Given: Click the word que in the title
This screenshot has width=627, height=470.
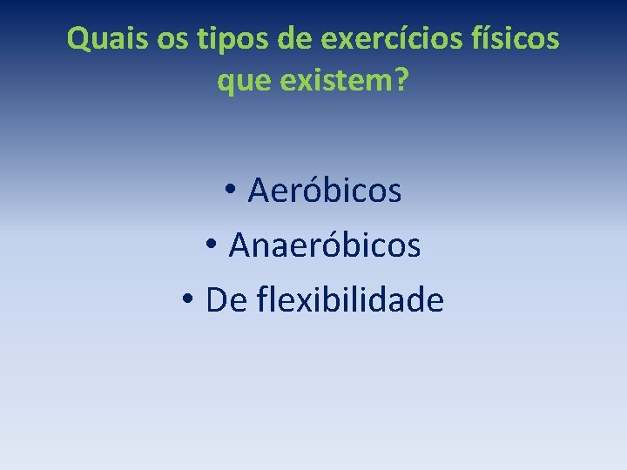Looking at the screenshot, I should click(x=240, y=83).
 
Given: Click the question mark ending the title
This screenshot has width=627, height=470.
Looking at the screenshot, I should click(x=401, y=83).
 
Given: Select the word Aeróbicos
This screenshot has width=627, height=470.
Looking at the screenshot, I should click(x=325, y=191).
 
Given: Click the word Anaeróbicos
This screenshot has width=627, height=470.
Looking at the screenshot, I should click(x=325, y=245).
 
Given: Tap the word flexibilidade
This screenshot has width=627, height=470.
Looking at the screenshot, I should click(x=351, y=300).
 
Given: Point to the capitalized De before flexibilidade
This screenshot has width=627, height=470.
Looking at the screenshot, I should click(x=226, y=300).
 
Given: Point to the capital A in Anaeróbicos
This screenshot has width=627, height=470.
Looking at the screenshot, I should click(x=239, y=245).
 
